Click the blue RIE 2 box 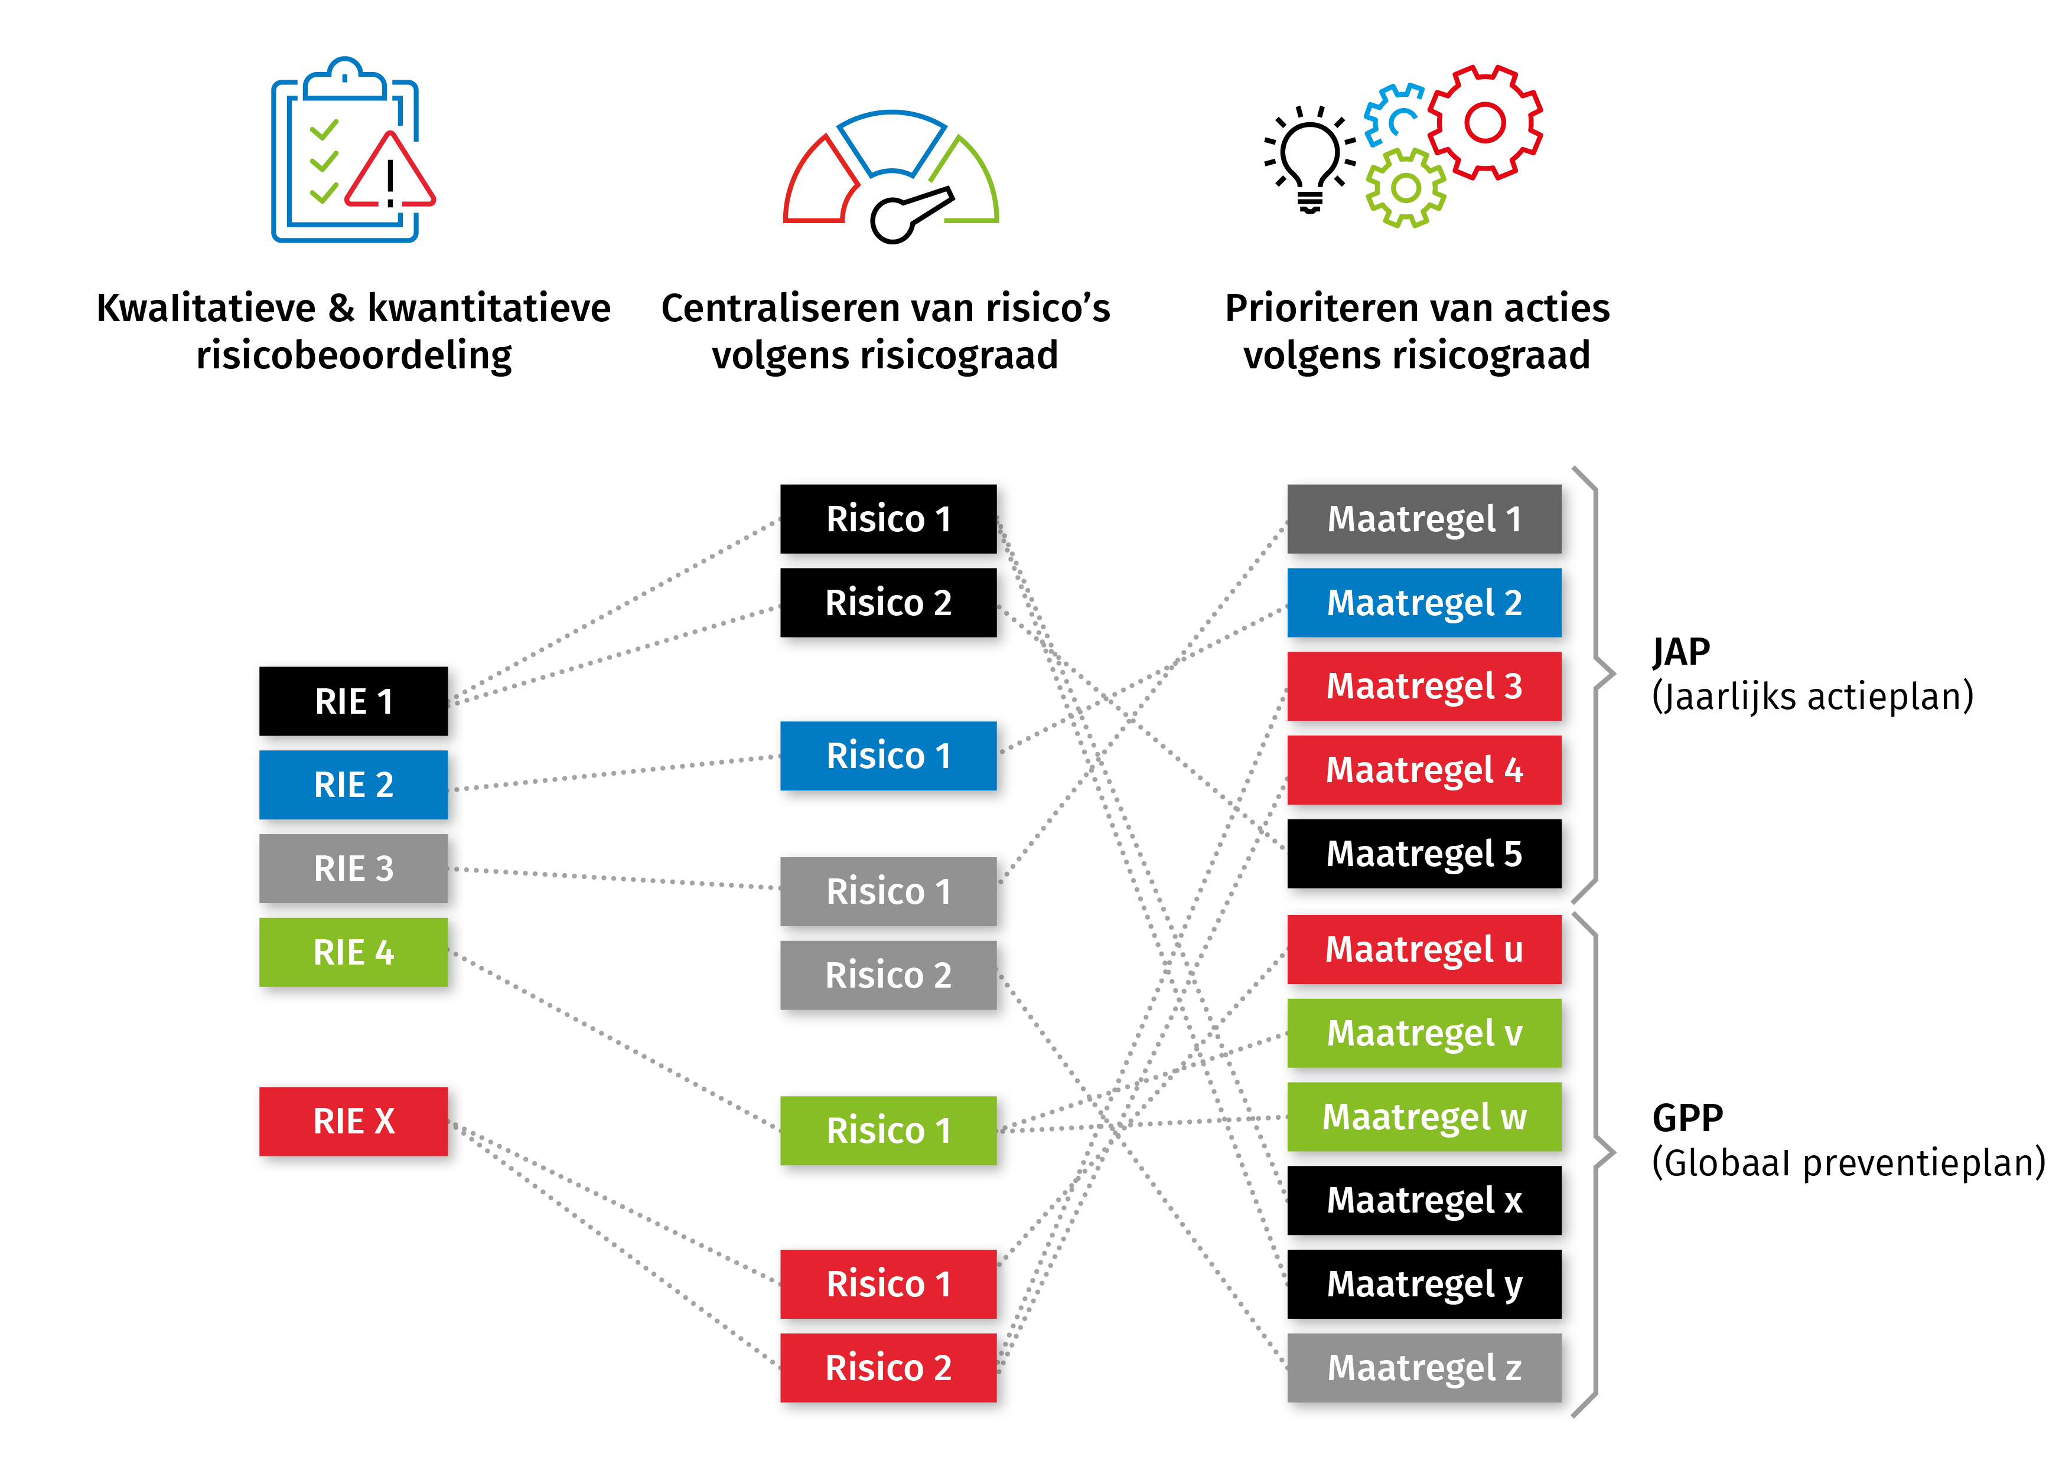click(354, 785)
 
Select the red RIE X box click(354, 1121)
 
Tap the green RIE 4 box click(354, 952)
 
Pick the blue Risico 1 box click(889, 755)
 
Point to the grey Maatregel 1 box click(1424, 519)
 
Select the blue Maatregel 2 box click(1424, 603)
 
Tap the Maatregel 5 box click(1424, 854)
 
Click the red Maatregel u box click(1424, 949)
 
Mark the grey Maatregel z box click(1424, 1368)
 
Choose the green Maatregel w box click(1424, 1117)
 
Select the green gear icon click(1405, 188)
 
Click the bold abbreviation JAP click(1681, 651)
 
